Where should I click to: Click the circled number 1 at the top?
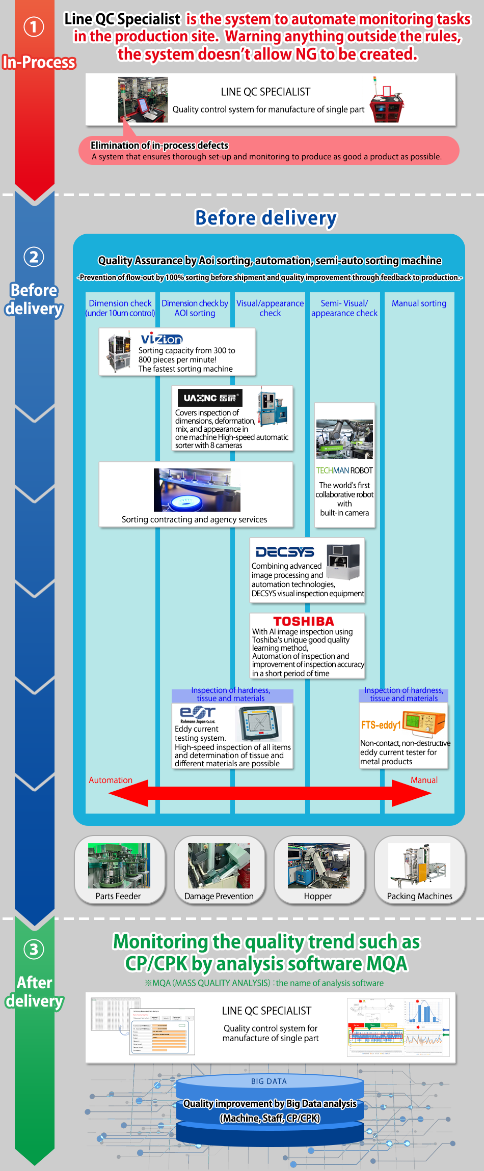(x=34, y=26)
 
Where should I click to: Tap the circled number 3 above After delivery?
(x=34, y=949)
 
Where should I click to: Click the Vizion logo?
(x=162, y=339)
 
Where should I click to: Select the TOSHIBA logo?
(x=304, y=621)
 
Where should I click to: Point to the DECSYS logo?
(x=285, y=552)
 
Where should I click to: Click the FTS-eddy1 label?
(x=381, y=724)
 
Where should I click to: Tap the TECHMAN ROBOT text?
(x=344, y=470)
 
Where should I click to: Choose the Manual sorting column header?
(x=419, y=303)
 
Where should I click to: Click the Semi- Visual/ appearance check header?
(x=344, y=308)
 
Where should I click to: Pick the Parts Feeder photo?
(x=119, y=866)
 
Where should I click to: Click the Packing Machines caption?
(x=419, y=896)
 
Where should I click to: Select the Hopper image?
(x=318, y=866)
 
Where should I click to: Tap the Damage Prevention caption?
(x=219, y=896)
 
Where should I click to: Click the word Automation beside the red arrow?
(x=111, y=780)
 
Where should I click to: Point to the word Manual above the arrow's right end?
(x=424, y=780)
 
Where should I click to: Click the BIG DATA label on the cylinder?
(x=268, y=1081)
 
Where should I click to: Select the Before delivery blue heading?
(x=266, y=218)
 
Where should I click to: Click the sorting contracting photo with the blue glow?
(x=197, y=490)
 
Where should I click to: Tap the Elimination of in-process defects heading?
(x=159, y=146)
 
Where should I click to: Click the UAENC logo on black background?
(x=210, y=398)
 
